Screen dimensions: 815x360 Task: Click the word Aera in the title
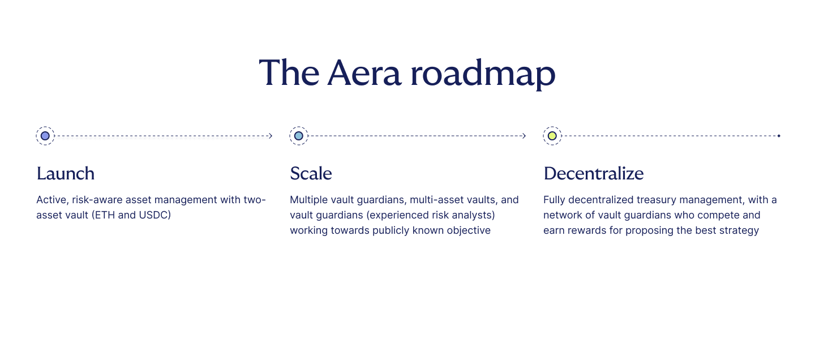coord(364,73)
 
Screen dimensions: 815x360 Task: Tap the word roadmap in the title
coord(483,74)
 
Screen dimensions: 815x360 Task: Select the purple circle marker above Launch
coord(45,136)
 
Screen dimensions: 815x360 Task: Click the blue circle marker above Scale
coord(299,136)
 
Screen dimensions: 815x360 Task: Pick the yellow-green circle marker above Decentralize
coord(552,136)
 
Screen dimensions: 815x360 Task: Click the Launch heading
coord(66,173)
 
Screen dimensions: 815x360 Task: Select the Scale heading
coord(311,173)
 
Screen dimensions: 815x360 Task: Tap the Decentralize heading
coord(594,173)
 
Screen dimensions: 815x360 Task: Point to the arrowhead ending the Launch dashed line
coord(271,136)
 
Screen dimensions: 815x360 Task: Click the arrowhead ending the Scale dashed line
coord(524,136)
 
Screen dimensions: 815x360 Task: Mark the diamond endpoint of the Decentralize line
coord(779,136)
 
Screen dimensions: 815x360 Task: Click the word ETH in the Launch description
coord(103,215)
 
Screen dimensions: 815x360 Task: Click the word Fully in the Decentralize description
coord(554,200)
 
